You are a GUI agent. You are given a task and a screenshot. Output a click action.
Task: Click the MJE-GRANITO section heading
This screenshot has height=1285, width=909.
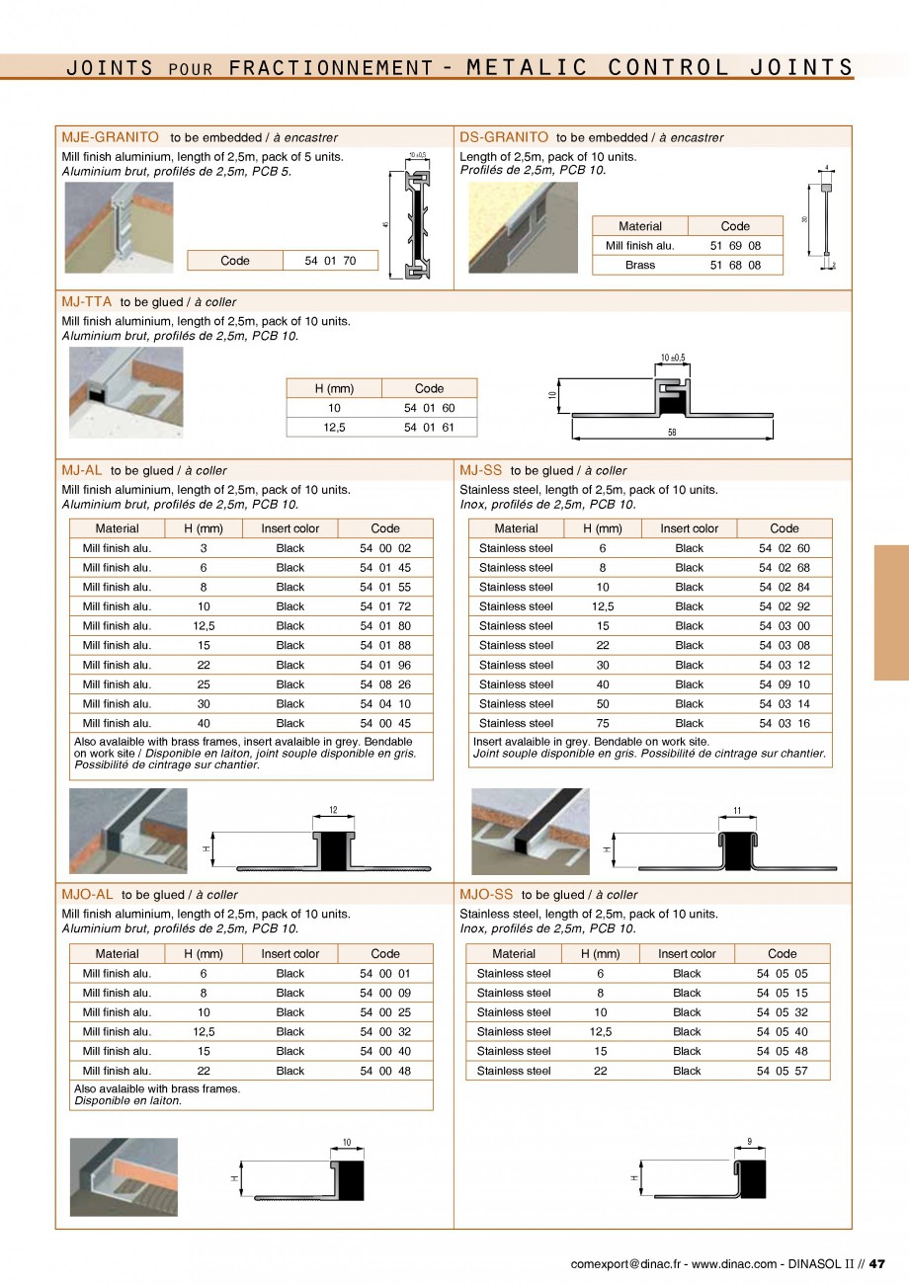pyautogui.click(x=110, y=137)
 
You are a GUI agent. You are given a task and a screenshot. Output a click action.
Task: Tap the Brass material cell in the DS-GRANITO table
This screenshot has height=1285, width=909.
pyautogui.click(x=639, y=265)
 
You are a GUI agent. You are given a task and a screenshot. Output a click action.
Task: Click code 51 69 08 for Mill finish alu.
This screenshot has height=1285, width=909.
pyautogui.click(x=735, y=245)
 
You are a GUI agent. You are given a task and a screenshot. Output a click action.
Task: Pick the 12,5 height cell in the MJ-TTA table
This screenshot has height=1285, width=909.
pyautogui.click(x=334, y=428)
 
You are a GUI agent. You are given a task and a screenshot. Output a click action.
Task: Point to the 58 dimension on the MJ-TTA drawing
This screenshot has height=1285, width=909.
pyautogui.click(x=672, y=433)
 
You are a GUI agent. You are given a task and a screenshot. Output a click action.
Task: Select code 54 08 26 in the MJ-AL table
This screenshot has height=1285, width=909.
pyautogui.click(x=385, y=684)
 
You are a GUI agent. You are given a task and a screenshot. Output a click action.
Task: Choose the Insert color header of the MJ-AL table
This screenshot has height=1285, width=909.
pyautogui.click(x=290, y=528)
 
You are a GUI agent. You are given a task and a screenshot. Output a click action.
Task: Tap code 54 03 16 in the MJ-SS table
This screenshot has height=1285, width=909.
pyautogui.click(x=784, y=723)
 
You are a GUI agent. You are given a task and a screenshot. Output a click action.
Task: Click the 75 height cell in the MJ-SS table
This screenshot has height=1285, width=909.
pyautogui.click(x=603, y=723)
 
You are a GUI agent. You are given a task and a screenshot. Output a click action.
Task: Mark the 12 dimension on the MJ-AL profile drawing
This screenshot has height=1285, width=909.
pyautogui.click(x=333, y=811)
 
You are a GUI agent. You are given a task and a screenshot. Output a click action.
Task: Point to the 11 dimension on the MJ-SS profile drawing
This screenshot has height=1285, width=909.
pyautogui.click(x=736, y=811)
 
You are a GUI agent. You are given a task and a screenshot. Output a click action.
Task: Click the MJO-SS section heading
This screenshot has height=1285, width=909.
pyautogui.click(x=486, y=894)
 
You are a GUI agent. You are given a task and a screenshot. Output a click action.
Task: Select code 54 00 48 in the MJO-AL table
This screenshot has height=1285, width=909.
pyautogui.click(x=385, y=1071)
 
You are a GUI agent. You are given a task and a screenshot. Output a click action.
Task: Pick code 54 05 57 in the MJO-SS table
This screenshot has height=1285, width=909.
pyautogui.click(x=782, y=1071)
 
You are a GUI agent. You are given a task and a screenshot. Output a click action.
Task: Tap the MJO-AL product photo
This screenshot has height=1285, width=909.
pyautogui.click(x=124, y=1176)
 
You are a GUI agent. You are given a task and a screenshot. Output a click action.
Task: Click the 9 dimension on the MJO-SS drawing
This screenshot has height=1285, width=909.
pyautogui.click(x=750, y=1142)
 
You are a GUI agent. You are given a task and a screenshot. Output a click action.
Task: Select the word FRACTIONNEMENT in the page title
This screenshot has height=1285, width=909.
pyautogui.click(x=331, y=67)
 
